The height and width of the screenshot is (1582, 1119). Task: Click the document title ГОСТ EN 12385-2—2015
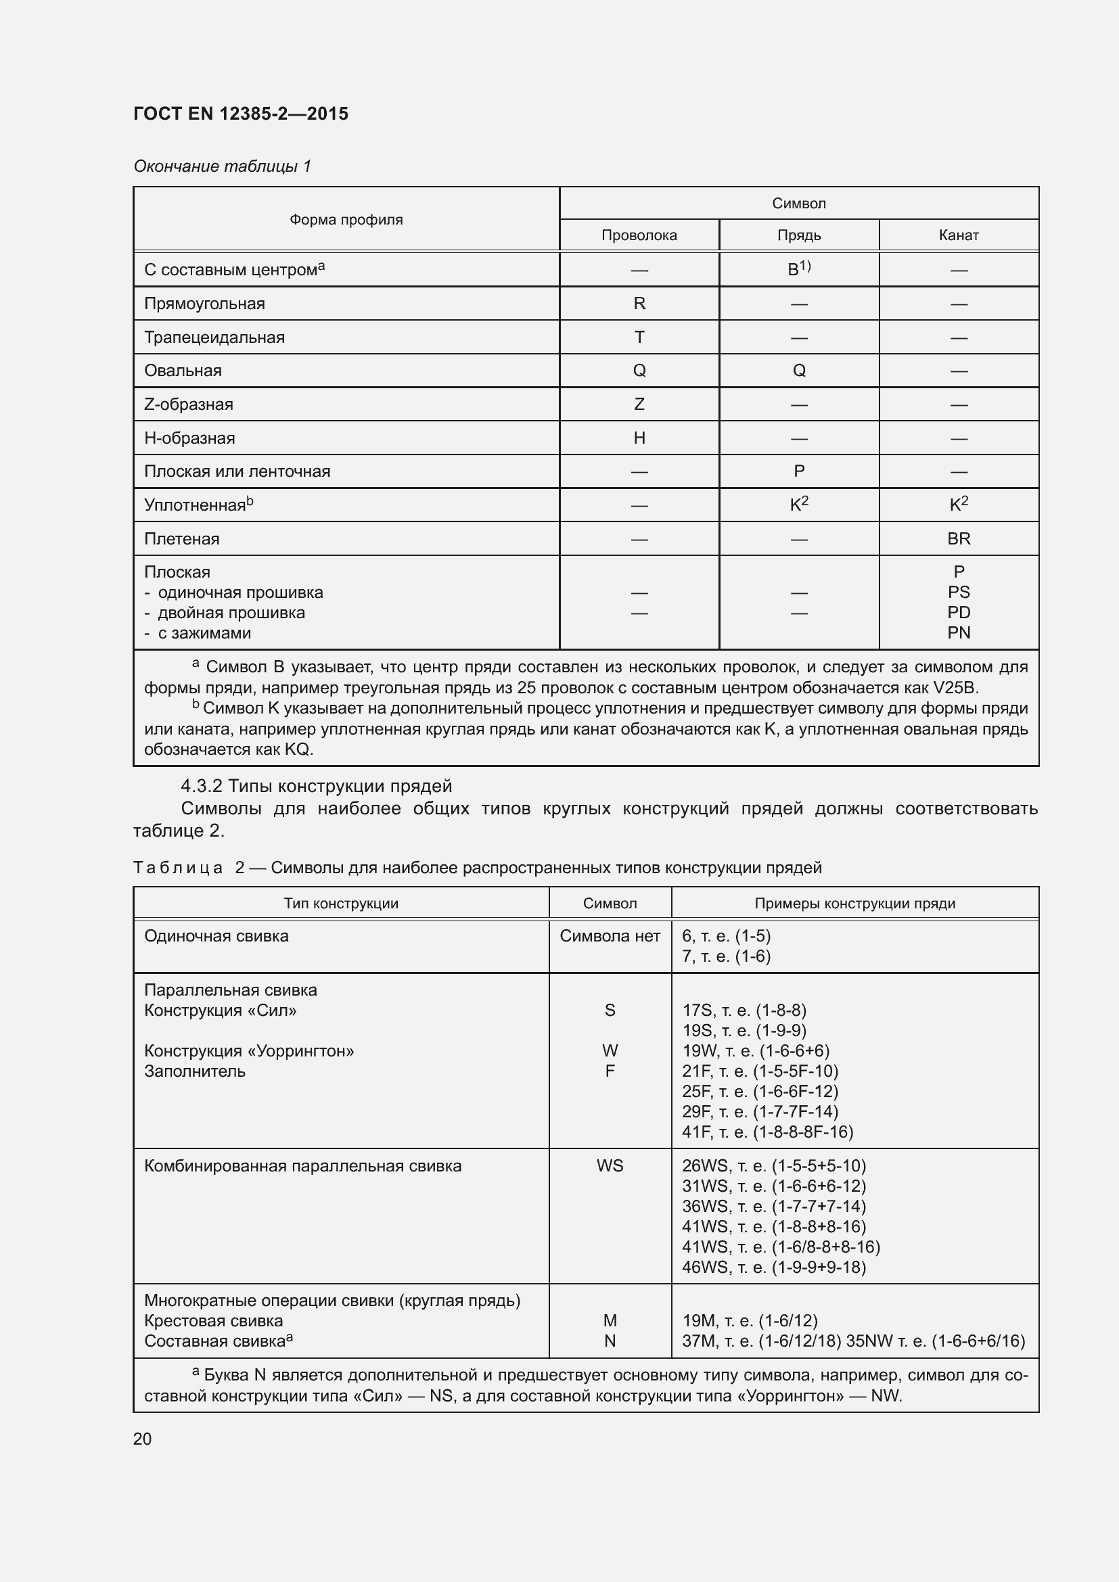tap(240, 114)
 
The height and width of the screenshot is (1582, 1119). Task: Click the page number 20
tap(142, 1439)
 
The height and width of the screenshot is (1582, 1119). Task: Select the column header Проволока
tap(639, 235)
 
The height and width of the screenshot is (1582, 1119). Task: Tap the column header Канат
tap(959, 235)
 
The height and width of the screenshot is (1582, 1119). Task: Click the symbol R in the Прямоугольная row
tap(639, 303)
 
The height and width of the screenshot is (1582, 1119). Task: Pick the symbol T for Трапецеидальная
tap(639, 337)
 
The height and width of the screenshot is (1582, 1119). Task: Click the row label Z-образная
tap(188, 404)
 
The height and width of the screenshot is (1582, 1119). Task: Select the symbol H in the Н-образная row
tap(639, 438)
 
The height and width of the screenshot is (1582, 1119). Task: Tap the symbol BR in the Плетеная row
tap(959, 539)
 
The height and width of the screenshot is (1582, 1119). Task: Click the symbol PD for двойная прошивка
tap(959, 613)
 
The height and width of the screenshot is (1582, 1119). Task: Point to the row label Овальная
tap(183, 371)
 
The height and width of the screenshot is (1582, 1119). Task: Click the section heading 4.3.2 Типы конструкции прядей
tap(316, 786)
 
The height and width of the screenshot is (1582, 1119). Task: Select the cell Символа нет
tap(610, 935)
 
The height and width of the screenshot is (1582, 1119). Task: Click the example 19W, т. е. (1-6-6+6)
tap(756, 1051)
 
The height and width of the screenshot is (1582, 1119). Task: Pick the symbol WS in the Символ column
tap(610, 1166)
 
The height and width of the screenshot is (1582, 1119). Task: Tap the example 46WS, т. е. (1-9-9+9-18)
tap(774, 1267)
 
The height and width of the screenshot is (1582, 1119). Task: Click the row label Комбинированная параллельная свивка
tap(302, 1166)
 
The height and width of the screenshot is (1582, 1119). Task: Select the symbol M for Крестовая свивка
tap(610, 1321)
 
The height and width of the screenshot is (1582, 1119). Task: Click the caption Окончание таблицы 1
tap(222, 166)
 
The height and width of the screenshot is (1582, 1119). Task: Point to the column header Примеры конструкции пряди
tap(854, 904)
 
